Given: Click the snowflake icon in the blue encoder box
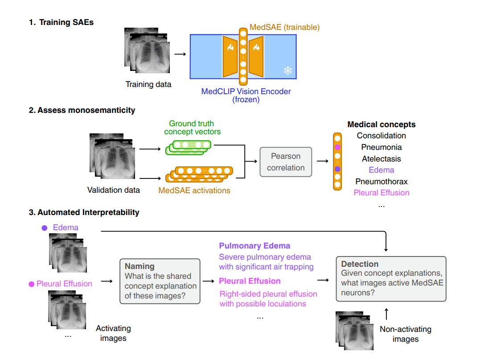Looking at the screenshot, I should coord(288,70).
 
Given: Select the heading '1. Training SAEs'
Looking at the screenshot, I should coord(61,22).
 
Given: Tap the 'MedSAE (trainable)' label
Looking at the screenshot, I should coord(284,28).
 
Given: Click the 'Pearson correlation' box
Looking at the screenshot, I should coord(286,162).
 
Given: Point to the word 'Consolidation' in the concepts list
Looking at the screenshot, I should coord(382,136).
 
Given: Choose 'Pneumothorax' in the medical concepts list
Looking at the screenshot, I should coord(382,182).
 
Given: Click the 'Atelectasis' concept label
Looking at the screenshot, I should coord(382,159).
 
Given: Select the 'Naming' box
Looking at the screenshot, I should coord(160,281).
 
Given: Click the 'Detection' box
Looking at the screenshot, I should coord(390,278).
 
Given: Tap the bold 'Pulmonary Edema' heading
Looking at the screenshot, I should coord(254,246).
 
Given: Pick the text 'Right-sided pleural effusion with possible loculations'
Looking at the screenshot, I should coord(268,299).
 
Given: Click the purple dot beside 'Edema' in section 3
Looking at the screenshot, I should coord(45,228).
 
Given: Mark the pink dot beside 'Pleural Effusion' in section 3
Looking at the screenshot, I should coord(31,284).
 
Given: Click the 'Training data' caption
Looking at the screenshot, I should coord(148,84).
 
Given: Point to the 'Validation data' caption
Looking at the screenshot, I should coord(114,190).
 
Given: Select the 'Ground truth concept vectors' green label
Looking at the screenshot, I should coord(192,128).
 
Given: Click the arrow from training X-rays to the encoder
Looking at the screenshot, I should coord(180,54).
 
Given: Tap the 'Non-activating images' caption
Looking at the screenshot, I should coord(406,334).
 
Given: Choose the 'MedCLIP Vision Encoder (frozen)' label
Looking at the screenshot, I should coord(246,95).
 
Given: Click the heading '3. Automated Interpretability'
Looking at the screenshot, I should coord(84,212).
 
